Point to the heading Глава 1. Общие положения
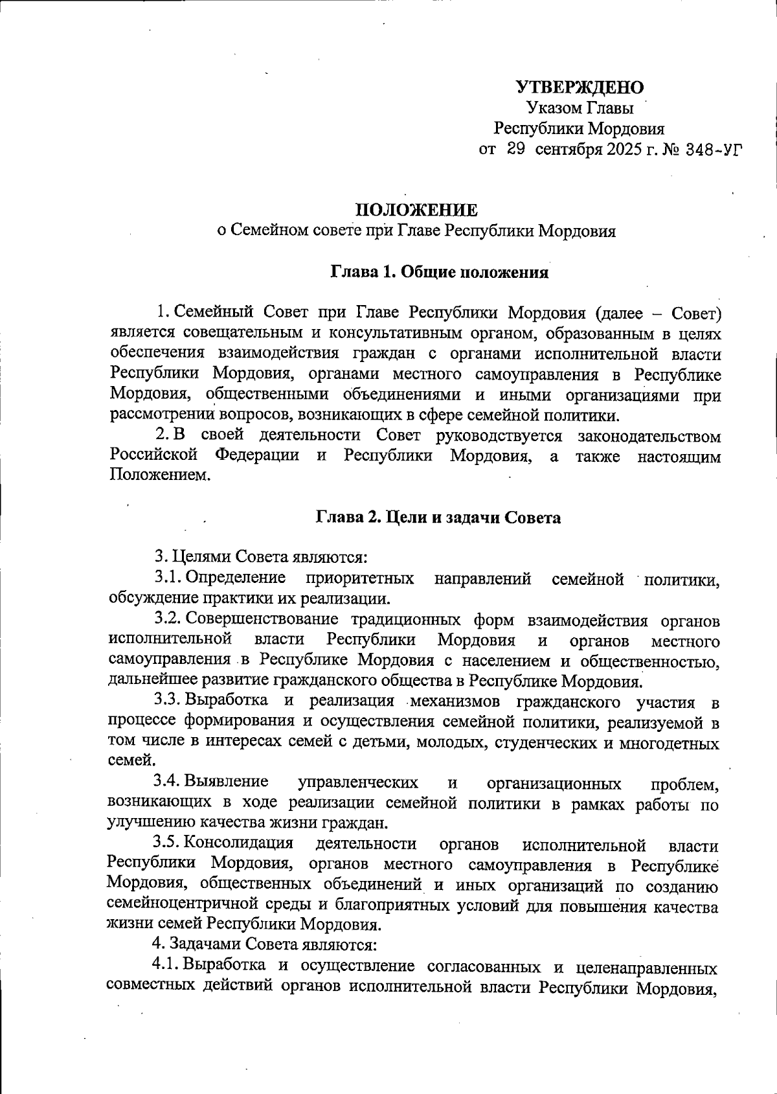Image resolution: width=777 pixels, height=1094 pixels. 440,272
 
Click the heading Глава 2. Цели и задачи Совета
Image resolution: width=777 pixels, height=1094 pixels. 438,518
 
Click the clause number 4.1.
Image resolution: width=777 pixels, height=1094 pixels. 166,966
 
